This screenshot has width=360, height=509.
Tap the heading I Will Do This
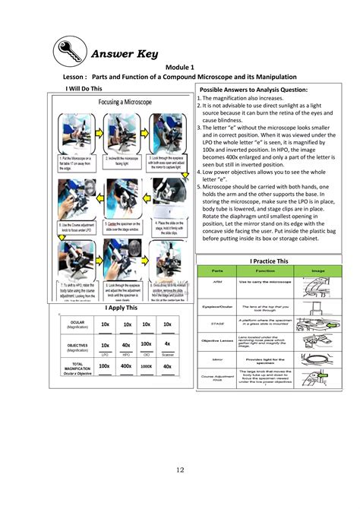(86, 88)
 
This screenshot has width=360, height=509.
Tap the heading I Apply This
(122, 309)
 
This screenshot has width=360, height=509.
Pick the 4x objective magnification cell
(167, 344)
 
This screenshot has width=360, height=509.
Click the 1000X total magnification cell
(147, 367)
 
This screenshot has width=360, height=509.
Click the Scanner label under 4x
(167, 354)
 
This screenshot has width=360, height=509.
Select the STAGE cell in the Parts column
(217, 322)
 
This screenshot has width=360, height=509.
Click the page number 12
(180, 470)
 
